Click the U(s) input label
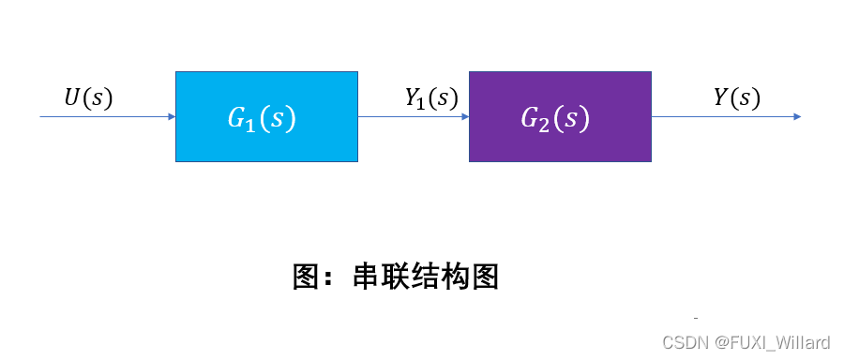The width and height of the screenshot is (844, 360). [87, 98]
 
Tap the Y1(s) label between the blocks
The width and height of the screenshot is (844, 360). [430, 98]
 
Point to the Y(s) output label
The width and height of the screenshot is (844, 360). [736, 97]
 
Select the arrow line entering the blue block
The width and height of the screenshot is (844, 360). [103, 117]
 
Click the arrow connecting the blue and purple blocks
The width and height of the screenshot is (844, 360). [413, 117]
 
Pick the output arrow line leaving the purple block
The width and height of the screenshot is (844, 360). [722, 117]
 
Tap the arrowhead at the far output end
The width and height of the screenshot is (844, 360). [796, 117]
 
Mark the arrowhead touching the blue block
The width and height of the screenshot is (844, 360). [171, 117]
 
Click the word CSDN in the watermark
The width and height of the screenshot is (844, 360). [683, 342]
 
